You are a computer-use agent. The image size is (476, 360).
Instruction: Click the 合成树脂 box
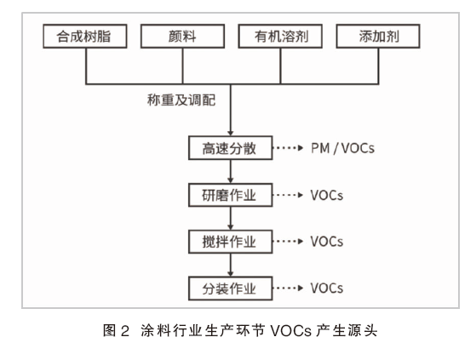click(85, 37)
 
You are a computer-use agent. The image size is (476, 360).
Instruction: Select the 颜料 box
click(182, 37)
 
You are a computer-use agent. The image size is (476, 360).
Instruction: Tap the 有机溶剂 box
click(280, 37)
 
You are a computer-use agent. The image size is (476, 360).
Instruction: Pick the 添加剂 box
click(378, 37)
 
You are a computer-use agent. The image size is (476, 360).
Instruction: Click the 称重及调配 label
click(181, 100)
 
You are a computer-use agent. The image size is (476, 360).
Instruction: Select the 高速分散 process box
click(231, 148)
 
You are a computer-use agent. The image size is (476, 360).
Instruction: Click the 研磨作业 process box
click(231, 195)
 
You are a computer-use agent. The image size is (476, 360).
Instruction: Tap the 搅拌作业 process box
click(231, 242)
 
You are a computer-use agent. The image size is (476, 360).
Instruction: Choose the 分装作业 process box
click(231, 289)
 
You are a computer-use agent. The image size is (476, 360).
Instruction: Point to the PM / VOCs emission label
click(342, 148)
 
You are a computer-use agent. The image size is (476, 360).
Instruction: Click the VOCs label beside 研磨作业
click(327, 195)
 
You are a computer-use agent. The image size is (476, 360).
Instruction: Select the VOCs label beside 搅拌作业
click(327, 242)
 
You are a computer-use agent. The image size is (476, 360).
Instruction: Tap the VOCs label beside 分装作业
click(327, 289)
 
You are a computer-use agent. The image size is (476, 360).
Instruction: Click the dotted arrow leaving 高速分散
click(288, 148)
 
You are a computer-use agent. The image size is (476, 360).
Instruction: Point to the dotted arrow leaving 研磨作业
click(288, 195)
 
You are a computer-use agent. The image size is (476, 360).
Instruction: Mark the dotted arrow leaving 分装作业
click(288, 288)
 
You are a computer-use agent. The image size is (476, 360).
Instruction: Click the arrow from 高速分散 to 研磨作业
click(231, 171)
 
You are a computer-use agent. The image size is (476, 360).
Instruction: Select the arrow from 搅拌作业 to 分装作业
click(231, 265)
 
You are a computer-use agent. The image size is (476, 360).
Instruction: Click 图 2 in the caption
click(117, 330)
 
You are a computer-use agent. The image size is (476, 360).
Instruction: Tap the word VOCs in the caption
click(291, 330)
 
